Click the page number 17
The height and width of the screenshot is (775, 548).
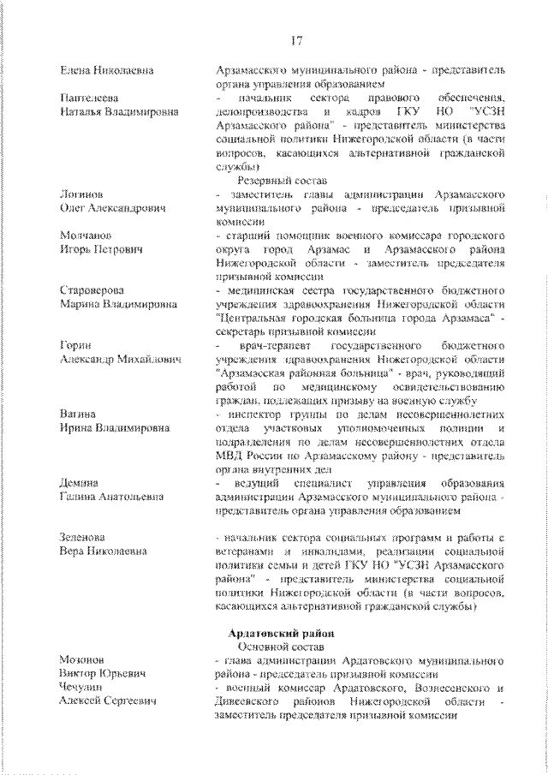pos(296,39)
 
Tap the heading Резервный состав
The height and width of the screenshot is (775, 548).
pos(271,181)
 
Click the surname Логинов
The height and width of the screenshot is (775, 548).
pos(83,195)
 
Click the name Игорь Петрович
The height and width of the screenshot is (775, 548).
pos(100,248)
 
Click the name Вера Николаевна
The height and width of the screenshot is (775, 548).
pos(104,551)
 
